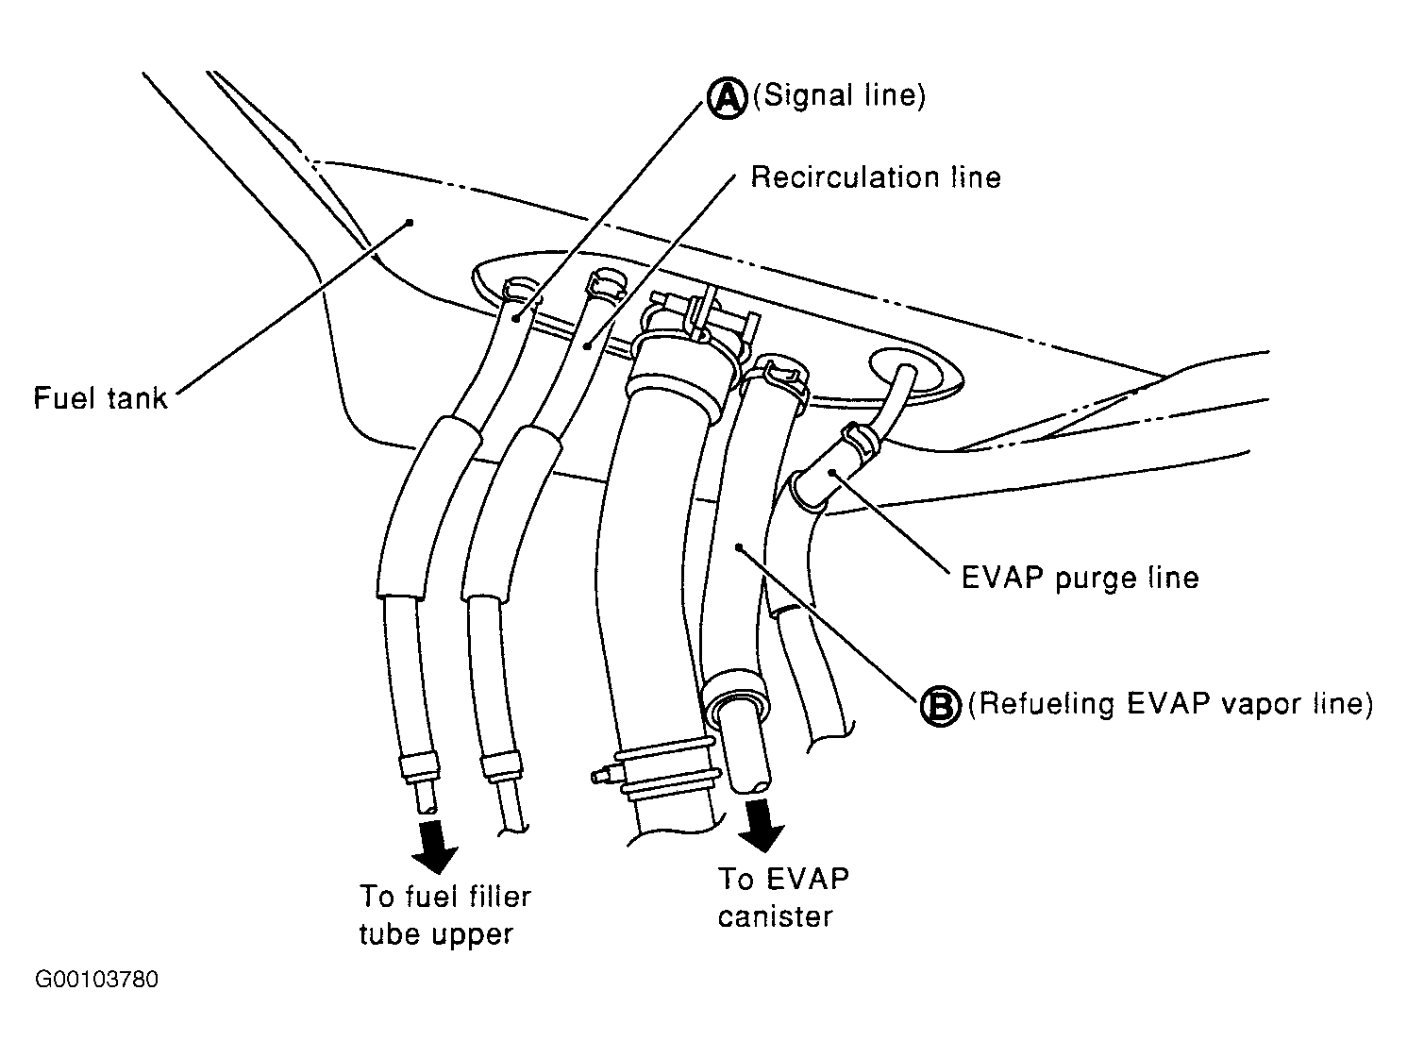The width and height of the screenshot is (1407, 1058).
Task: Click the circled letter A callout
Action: (x=727, y=96)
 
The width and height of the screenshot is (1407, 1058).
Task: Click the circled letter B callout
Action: (x=940, y=704)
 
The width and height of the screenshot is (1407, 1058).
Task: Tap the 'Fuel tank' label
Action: (x=100, y=397)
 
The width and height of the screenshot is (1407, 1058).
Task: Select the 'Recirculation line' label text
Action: (x=875, y=177)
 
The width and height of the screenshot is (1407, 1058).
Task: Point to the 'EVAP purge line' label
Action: (x=1080, y=577)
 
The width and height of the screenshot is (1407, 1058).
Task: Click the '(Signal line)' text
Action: (x=839, y=96)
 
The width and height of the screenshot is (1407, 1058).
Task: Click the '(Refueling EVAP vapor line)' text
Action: (x=1170, y=704)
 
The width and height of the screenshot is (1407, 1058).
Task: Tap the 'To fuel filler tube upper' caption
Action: (x=444, y=915)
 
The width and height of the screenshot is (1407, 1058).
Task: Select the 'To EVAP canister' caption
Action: (x=782, y=897)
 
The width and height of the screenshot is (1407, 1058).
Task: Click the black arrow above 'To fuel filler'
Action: (x=435, y=844)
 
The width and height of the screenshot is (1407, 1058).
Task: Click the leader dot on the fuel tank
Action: (x=410, y=223)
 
